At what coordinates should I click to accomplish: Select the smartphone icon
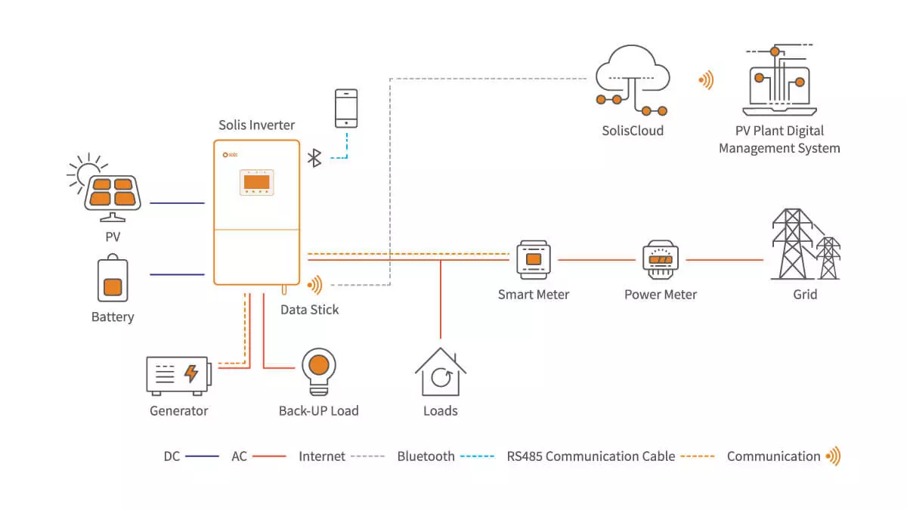[x=346, y=109]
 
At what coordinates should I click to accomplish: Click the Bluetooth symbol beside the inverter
[x=314, y=158]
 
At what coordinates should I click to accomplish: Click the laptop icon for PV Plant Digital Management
[x=779, y=80]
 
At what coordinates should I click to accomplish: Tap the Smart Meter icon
[x=534, y=260]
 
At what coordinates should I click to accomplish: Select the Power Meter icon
[x=661, y=260]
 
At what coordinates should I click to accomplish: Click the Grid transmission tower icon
[x=806, y=244]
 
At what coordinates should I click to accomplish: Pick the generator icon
[x=178, y=376]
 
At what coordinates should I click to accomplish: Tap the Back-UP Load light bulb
[x=319, y=372]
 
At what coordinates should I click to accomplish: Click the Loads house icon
[x=441, y=372]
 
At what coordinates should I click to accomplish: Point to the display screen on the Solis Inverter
[x=257, y=182]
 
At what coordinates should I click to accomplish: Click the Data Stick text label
[x=309, y=310]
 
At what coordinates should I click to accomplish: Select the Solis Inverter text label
[x=257, y=125]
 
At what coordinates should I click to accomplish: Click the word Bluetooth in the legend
[x=426, y=456]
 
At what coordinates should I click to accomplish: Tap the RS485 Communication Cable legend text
[x=591, y=456]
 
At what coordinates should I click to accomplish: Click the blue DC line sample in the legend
[x=202, y=456]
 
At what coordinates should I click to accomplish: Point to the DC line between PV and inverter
[x=178, y=202]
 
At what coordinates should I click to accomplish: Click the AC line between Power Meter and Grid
[x=725, y=260]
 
